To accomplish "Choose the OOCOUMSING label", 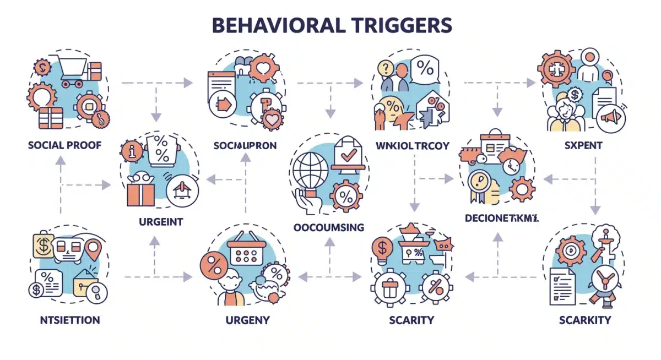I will pyautogui.click(x=329, y=227).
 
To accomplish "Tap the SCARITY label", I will pyautogui.click(x=410, y=319).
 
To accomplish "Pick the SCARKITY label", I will pyautogui.click(x=584, y=319).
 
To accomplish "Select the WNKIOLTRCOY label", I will pyautogui.click(x=412, y=146).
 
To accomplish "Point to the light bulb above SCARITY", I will pyautogui.click(x=382, y=248).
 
